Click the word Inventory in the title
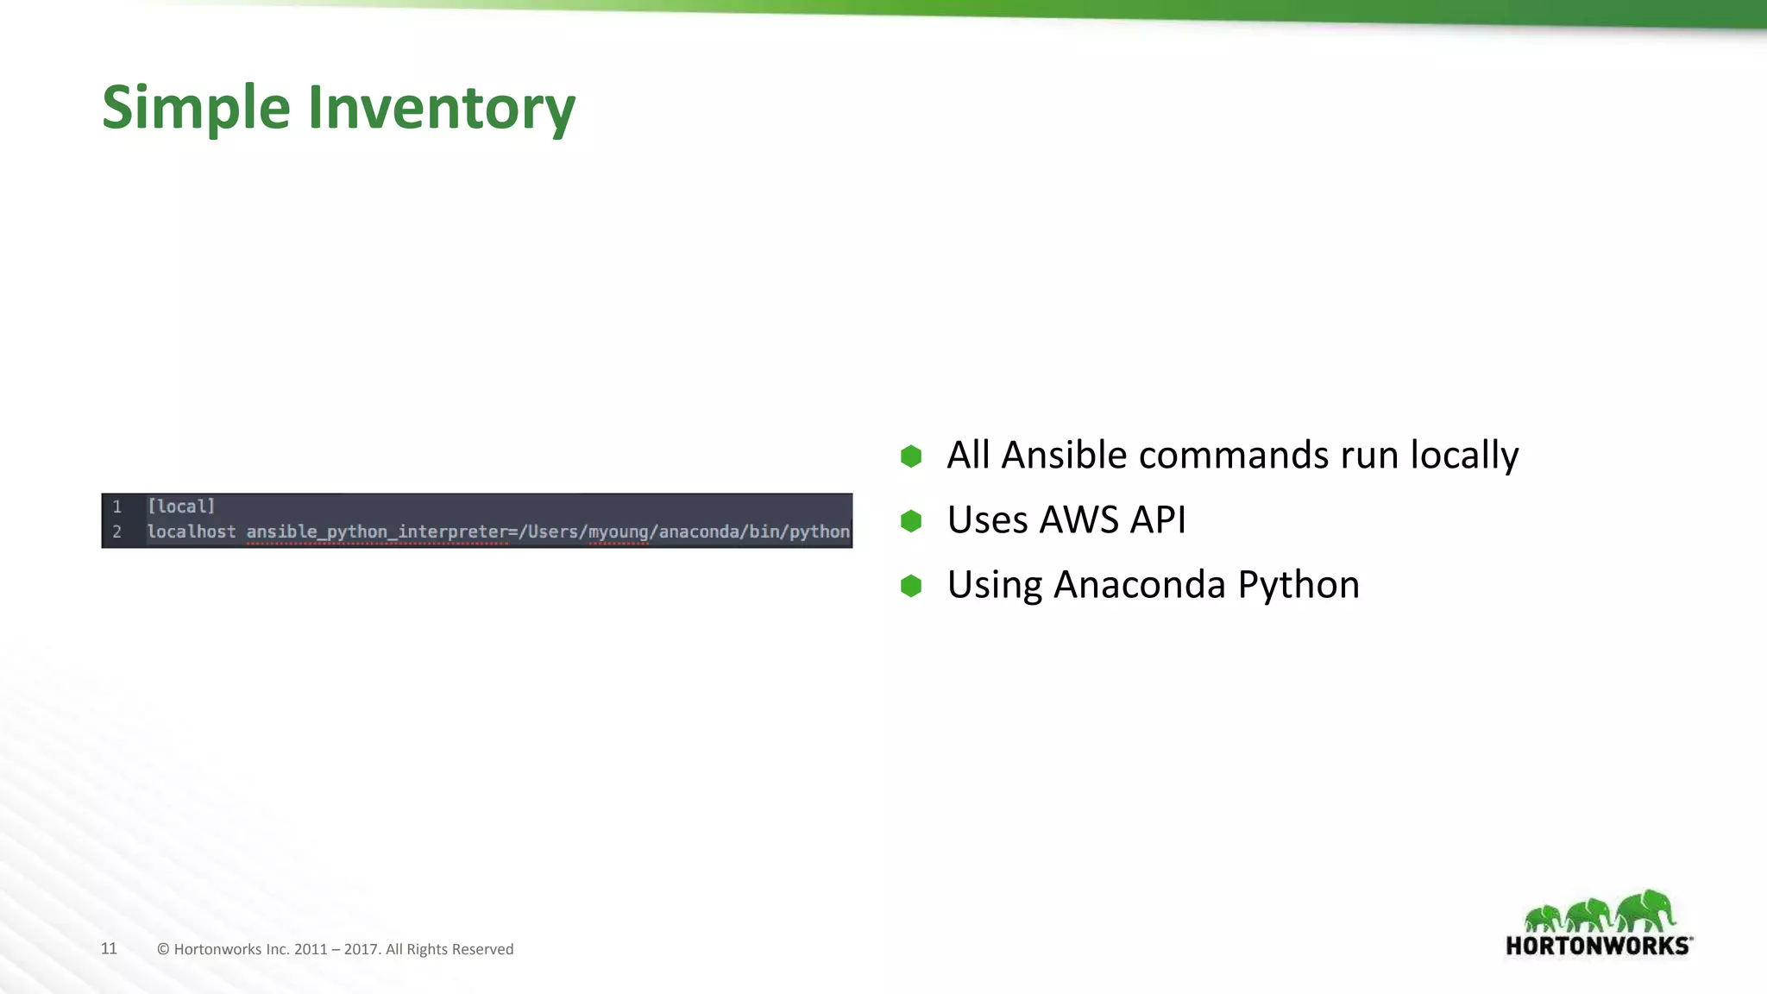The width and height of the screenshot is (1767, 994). (441, 108)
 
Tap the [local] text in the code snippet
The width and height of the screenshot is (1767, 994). (181, 506)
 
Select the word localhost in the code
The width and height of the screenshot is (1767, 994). (191, 532)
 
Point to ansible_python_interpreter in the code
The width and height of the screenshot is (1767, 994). (377, 532)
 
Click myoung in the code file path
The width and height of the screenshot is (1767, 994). (618, 532)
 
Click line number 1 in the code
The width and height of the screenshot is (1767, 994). (117, 506)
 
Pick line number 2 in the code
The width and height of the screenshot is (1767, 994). (117, 532)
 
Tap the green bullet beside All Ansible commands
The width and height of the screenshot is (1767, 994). (911, 456)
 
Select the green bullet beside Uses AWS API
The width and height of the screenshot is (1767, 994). (911, 520)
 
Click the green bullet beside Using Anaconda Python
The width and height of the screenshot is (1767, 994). (911, 586)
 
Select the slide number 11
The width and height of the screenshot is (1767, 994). (109, 948)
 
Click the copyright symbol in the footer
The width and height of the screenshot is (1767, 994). (163, 949)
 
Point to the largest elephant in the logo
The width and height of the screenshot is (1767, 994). (1644, 910)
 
